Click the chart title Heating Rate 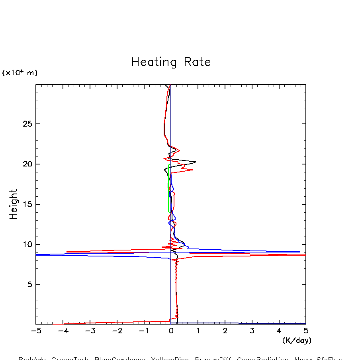[171, 62]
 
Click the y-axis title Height [14, 204]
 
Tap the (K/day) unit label [297, 340]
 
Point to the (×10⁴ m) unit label [20, 73]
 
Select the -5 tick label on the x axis [36, 331]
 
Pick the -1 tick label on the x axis [144, 331]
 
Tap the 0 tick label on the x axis [171, 331]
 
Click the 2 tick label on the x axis [225, 331]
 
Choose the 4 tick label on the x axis [279, 331]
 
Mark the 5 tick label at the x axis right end [306, 331]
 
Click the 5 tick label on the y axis [28, 285]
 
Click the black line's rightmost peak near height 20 [196, 162]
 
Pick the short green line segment [169, 187]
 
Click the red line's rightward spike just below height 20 [192, 170]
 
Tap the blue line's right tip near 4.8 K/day [299, 252]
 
